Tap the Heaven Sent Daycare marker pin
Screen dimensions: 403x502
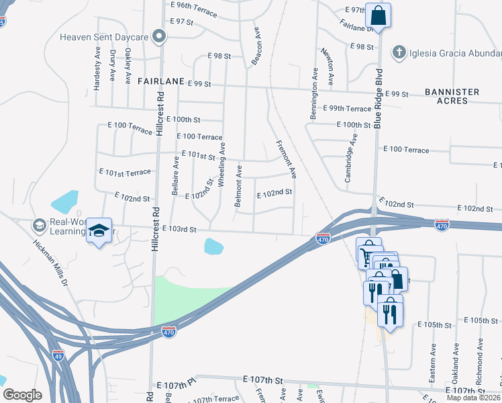click(x=159, y=36)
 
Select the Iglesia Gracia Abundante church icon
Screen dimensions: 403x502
click(x=399, y=52)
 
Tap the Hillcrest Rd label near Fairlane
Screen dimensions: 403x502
click(x=160, y=114)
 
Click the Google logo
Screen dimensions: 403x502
click(x=22, y=395)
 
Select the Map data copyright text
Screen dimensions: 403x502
click(x=473, y=398)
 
